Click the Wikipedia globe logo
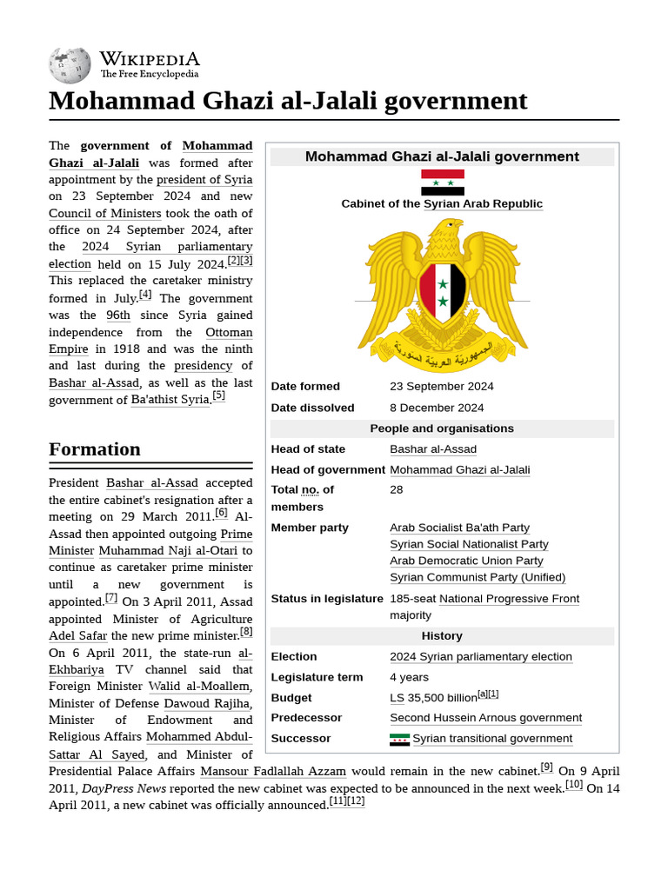pyautogui.click(x=70, y=66)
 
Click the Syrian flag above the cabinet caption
pyautogui.click(x=442, y=183)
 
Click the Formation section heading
pyautogui.click(x=94, y=449)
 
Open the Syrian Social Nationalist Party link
pyautogui.click(x=469, y=544)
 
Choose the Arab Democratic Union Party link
pyautogui.click(x=466, y=561)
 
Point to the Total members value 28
pyautogui.click(x=397, y=490)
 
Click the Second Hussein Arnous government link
pyautogui.click(x=485, y=718)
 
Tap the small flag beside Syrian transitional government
pyautogui.click(x=399, y=739)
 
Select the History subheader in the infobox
pyautogui.click(x=442, y=636)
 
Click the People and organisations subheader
pyautogui.click(x=442, y=428)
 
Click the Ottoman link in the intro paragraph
pyautogui.click(x=229, y=333)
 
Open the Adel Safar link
pyautogui.click(x=77, y=636)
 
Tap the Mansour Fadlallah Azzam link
pyautogui.click(x=273, y=771)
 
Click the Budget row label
pyautogui.click(x=291, y=698)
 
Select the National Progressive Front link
pyautogui.click(x=509, y=599)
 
